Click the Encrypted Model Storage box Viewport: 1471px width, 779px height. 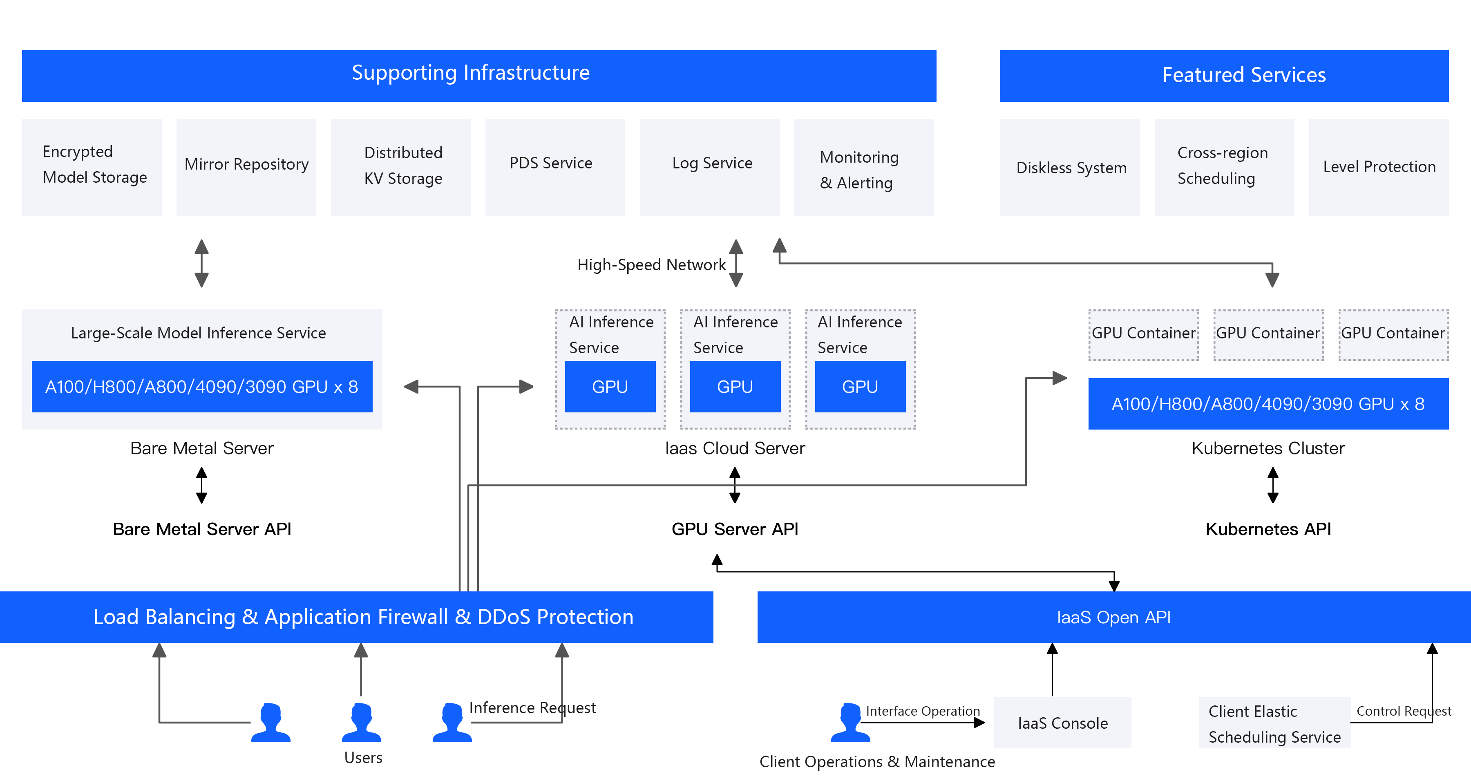coord(92,167)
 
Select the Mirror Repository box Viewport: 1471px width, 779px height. coord(246,167)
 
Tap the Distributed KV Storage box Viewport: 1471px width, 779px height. coord(400,167)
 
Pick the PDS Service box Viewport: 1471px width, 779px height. coord(554,167)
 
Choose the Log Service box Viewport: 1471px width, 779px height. coord(709,167)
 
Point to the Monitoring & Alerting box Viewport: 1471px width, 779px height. coord(863,167)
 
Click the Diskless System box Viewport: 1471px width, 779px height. coord(1070,167)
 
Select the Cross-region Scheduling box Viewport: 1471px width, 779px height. coord(1224,167)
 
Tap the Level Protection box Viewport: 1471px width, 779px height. coord(1379,167)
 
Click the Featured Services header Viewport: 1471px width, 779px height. coord(1224,75)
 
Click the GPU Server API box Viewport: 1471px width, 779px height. coord(735,528)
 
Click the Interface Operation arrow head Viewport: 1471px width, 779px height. coord(980,723)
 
